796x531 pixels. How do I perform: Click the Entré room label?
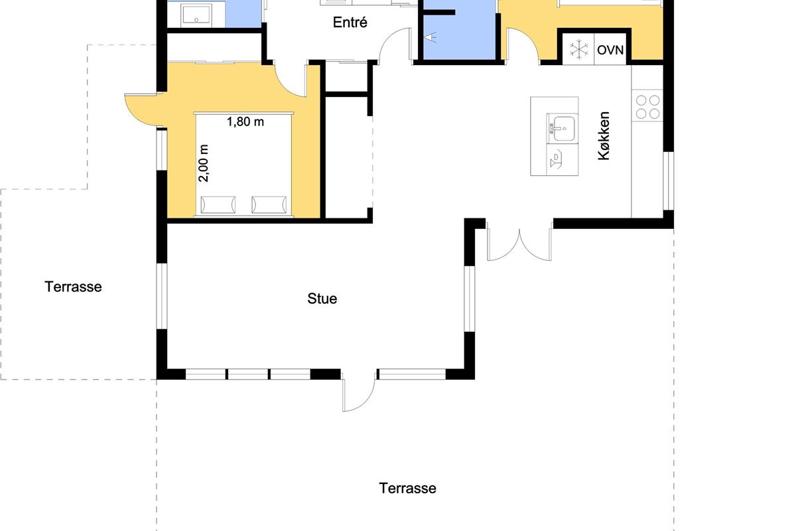point(350,23)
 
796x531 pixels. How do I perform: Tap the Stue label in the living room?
point(322,299)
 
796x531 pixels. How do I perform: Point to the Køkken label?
point(604,136)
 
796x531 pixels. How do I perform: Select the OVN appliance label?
point(610,50)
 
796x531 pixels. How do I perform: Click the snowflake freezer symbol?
point(579,49)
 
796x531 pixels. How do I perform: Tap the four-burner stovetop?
point(647,107)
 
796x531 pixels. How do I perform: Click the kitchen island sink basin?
point(563,128)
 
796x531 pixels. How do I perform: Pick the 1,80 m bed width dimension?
point(245,121)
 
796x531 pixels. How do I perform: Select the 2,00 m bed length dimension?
point(203,163)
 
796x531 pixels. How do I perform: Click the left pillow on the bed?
point(218,205)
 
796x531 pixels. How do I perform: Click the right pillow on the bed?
point(269,205)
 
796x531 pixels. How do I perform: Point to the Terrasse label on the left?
point(73,287)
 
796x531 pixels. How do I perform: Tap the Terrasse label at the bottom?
point(407,489)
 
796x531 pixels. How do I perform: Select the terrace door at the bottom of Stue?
point(359,390)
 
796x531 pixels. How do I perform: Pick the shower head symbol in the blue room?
point(431,37)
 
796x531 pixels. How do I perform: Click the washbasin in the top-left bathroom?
point(196,16)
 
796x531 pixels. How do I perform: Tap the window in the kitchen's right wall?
point(669,181)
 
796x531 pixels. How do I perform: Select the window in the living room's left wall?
point(162,296)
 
